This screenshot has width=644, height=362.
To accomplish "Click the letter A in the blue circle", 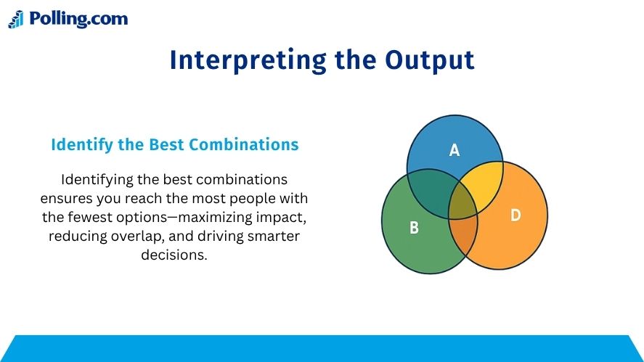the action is tap(455, 150).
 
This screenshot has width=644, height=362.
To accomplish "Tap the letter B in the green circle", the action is tap(414, 227).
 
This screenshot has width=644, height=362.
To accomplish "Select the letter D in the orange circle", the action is tap(515, 215).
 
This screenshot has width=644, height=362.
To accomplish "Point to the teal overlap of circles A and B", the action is tap(431, 193).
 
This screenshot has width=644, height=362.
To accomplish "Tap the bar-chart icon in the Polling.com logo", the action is tap(16, 20).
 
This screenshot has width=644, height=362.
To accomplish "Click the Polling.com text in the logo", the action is tap(78, 19).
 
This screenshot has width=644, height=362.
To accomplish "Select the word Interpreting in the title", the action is tap(248, 61).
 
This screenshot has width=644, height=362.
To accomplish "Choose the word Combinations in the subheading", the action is tap(243, 144).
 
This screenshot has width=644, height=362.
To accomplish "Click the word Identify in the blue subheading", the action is tap(82, 145).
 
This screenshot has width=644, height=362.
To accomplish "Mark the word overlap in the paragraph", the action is tap(136, 236).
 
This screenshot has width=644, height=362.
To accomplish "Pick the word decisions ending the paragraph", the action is tap(174, 255).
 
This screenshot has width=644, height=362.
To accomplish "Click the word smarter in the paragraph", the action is tap(274, 236).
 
